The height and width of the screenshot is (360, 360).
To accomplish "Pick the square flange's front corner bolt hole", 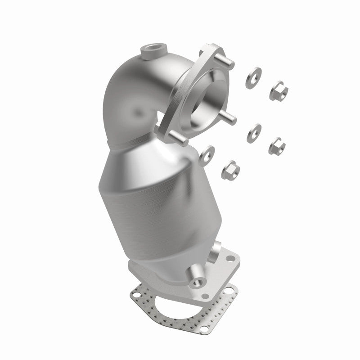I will (x=207, y=297).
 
